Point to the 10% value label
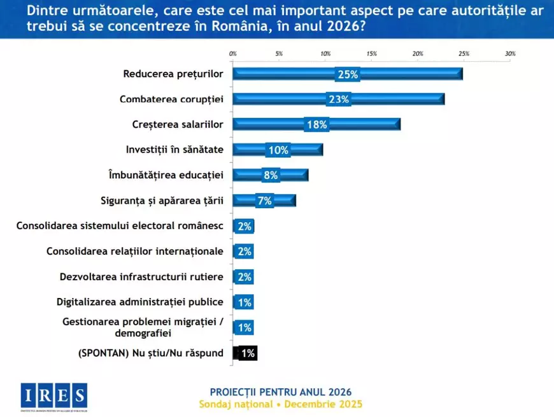click(x=278, y=150)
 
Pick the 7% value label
click(x=264, y=201)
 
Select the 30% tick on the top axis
click(x=510, y=54)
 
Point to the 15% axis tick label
click(x=371, y=54)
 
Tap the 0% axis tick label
click(x=232, y=54)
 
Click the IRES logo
click(x=53, y=396)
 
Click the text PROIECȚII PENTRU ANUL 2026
click(x=280, y=392)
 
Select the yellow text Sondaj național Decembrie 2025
click(x=280, y=404)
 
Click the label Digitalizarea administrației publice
click(x=139, y=302)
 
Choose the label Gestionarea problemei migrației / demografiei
click(x=143, y=327)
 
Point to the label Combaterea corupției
click(x=171, y=99)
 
